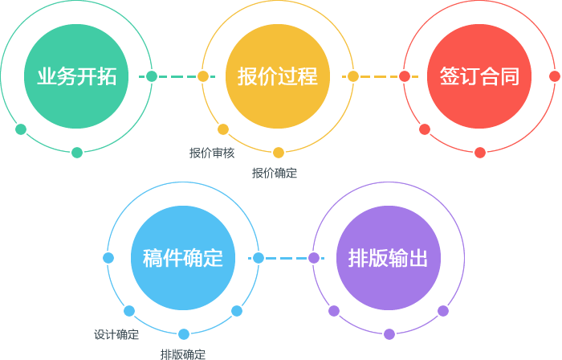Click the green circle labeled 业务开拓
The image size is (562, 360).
point(76,76)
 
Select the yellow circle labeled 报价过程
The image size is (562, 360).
point(278,76)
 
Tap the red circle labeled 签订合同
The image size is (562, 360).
point(479,76)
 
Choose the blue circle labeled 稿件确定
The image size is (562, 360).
point(182,258)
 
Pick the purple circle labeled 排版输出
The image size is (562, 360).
point(389,258)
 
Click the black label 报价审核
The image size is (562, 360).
point(212,153)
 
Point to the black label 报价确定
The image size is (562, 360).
point(274,173)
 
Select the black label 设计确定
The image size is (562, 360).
point(116,334)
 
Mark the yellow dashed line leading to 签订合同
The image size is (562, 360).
point(378,76)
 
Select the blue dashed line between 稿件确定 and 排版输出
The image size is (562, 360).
point(285,258)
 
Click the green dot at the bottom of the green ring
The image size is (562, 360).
point(77,153)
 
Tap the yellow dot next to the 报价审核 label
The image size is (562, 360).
point(223,129)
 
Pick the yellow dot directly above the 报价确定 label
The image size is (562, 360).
point(279,153)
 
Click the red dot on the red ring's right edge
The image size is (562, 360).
point(555,76)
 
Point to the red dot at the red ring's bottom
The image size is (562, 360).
point(480,153)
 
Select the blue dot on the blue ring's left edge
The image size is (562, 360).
point(108,258)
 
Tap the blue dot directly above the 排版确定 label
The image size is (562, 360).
point(184,334)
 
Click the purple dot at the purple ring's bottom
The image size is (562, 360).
point(389,334)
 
